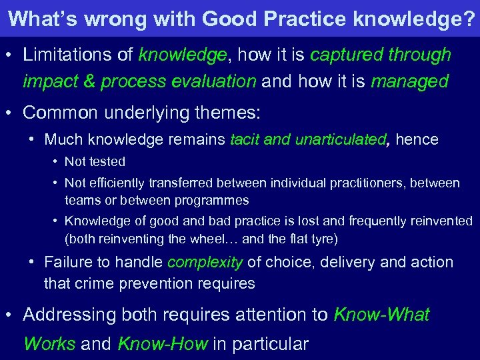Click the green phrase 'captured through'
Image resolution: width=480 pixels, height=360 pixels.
pos(381,55)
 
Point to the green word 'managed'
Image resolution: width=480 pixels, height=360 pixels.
pos(410,81)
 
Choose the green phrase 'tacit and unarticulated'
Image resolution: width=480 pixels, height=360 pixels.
pos(308,139)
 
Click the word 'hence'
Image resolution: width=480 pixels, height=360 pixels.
pos(417,139)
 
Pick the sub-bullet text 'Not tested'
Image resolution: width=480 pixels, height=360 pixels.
pos(95,161)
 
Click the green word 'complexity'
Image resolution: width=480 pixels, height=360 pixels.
pos(205,262)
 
